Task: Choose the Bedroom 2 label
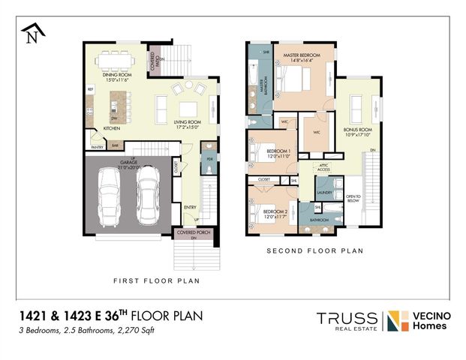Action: tap(275, 212)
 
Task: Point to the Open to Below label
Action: tap(353, 199)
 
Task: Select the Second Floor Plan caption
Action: tap(315, 250)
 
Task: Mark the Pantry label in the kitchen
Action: tap(97, 148)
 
